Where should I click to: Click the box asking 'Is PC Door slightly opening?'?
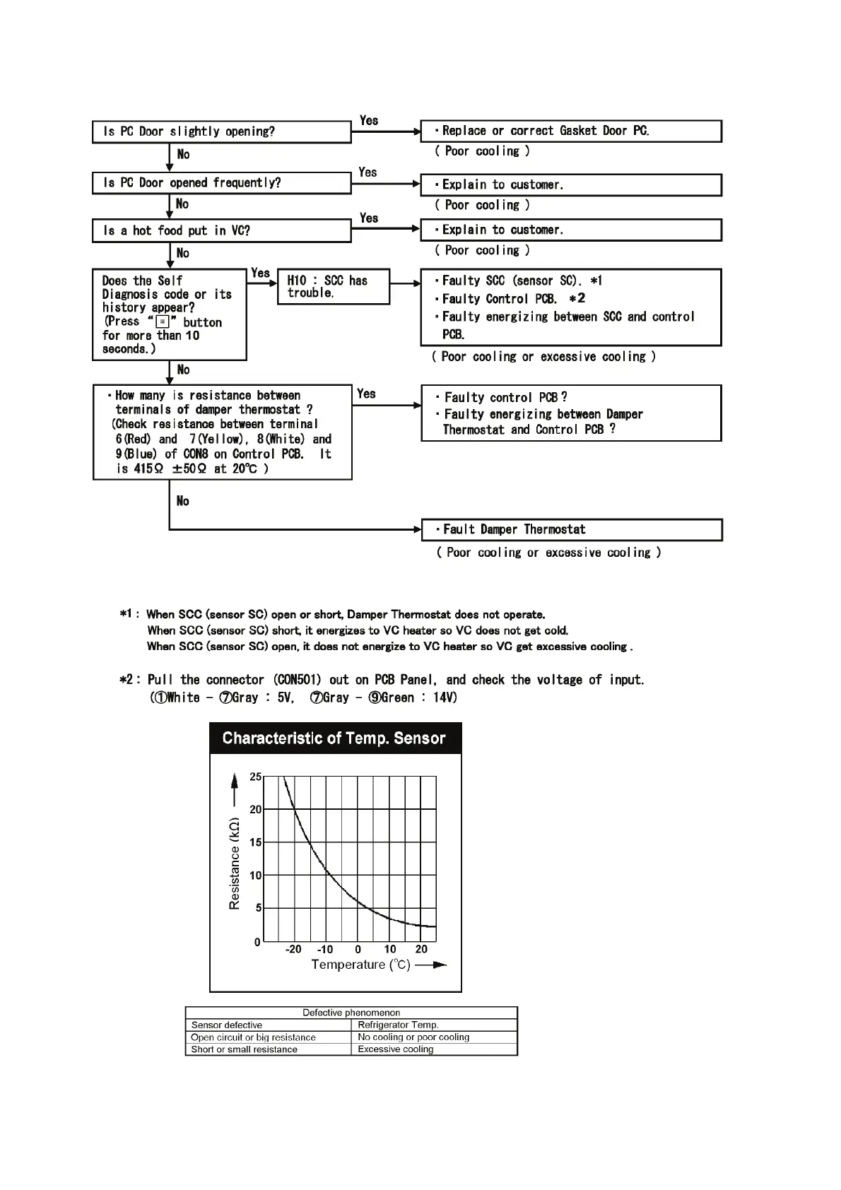pyautogui.click(x=221, y=132)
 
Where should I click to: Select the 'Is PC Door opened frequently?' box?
pyautogui.click(x=221, y=183)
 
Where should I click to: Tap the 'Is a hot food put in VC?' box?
pyautogui.click(x=221, y=231)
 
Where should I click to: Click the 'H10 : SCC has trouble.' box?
pyautogui.click(x=333, y=287)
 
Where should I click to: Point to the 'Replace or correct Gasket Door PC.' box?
pyautogui.click(x=570, y=131)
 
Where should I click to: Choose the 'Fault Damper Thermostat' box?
pyautogui.click(x=571, y=530)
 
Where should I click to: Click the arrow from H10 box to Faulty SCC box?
pyautogui.click(x=405, y=284)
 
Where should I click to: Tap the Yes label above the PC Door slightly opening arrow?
pyautogui.click(x=369, y=121)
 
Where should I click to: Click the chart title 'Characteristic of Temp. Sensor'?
pyautogui.click(x=334, y=738)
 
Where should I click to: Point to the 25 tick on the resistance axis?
pyautogui.click(x=255, y=777)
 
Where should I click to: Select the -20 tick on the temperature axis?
pyautogui.click(x=293, y=949)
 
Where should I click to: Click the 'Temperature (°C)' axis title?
pyautogui.click(x=360, y=965)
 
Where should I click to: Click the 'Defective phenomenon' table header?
pyautogui.click(x=351, y=1013)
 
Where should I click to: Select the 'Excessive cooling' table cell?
pyautogui.click(x=396, y=1049)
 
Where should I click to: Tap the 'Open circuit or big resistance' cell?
pyautogui.click(x=253, y=1037)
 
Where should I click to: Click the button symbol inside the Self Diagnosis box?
pyautogui.click(x=162, y=322)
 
